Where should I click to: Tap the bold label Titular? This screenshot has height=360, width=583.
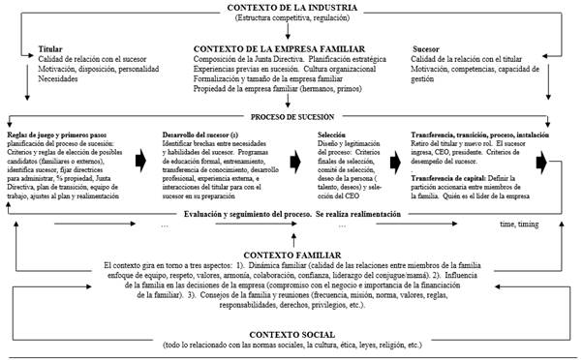[49, 47]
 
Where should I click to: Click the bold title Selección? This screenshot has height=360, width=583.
[331, 134]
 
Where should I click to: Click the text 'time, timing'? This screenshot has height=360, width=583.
[520, 224]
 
